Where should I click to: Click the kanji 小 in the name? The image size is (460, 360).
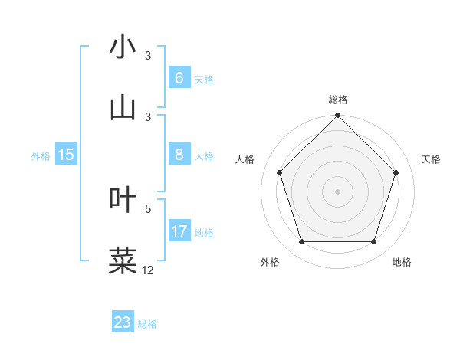123,47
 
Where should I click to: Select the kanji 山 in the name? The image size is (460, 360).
123,107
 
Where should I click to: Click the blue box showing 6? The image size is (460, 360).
179,78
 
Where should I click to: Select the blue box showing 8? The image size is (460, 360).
179,155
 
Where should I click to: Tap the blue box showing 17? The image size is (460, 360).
179,231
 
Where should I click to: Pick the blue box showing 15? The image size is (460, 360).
66,155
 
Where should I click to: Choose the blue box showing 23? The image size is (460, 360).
123,322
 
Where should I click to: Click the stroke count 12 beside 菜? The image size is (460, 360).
148,270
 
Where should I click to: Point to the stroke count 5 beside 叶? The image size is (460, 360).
148,208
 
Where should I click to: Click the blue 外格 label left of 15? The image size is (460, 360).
41,155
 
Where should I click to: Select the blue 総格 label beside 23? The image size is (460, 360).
147,323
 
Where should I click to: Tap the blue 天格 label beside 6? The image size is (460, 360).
203,79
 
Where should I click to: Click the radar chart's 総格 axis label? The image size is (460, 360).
338,100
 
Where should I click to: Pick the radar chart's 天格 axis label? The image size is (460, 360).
432,159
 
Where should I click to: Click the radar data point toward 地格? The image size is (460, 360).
373,242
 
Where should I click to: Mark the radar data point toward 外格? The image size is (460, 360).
301,242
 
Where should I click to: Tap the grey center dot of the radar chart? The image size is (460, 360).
337,191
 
